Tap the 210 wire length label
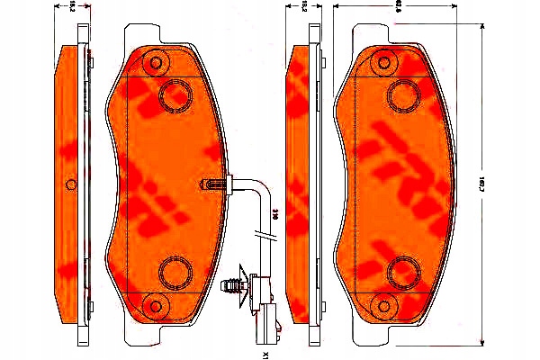(x=274, y=216)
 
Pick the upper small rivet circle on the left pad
(x=158, y=62)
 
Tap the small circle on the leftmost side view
(x=72, y=184)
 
